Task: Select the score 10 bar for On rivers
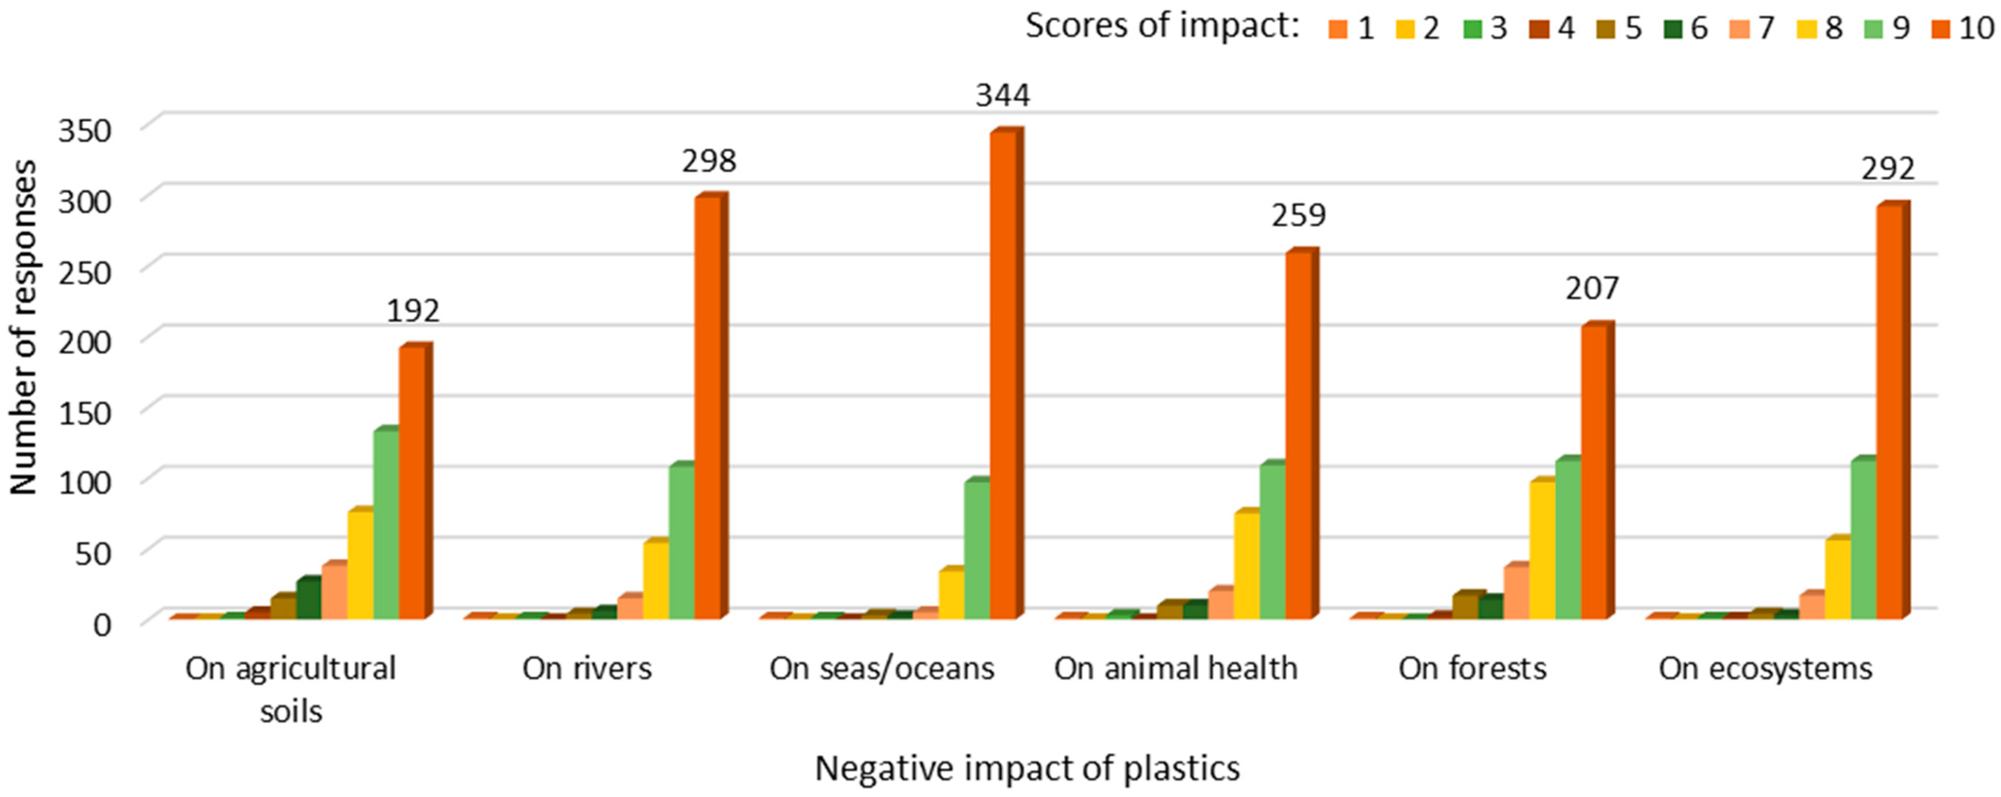click(x=707, y=408)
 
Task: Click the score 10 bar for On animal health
click(x=1298, y=435)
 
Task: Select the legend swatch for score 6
click(x=1672, y=29)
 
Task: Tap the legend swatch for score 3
click(x=1471, y=29)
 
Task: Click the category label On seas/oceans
click(x=882, y=668)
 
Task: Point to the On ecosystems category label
click(x=1766, y=668)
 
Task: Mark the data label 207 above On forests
click(x=1592, y=288)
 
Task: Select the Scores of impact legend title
click(x=1162, y=26)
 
